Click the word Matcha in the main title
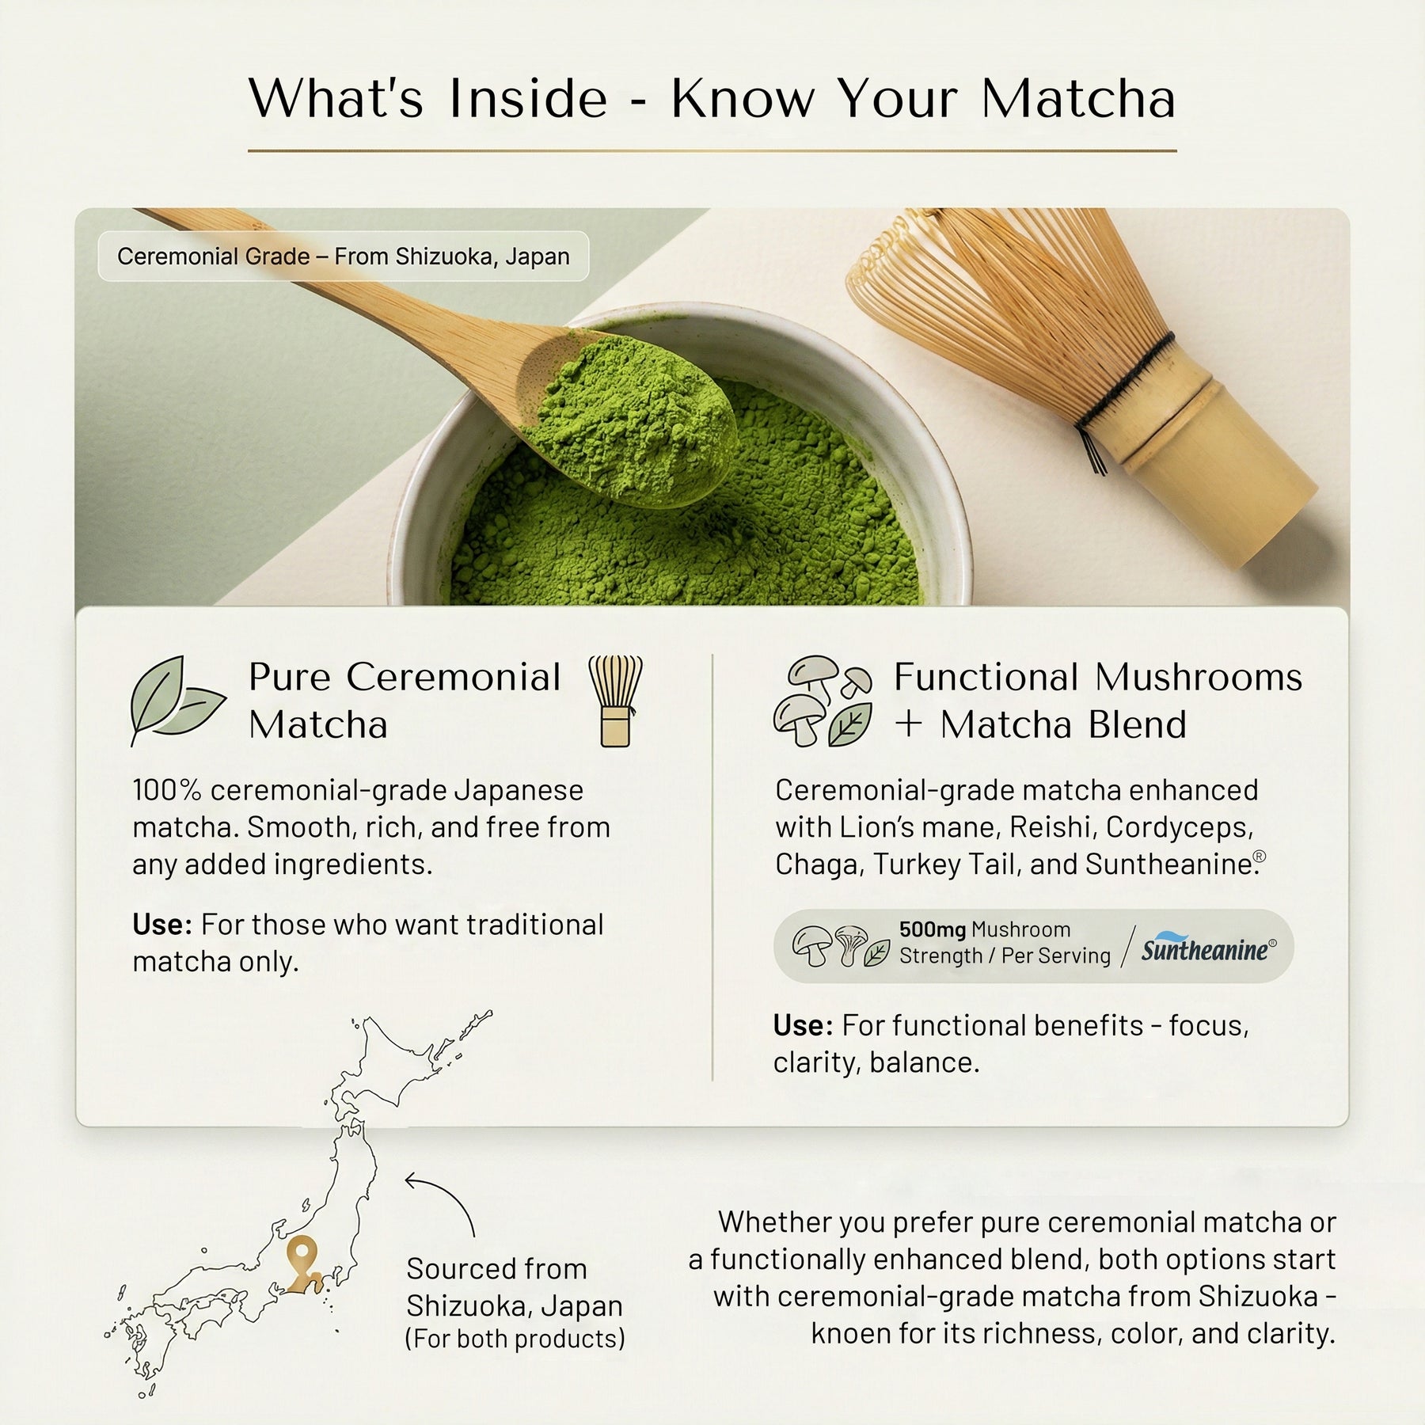1078,100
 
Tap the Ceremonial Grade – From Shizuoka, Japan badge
344,256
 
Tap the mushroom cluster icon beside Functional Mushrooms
823,701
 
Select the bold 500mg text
932,929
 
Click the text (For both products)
515,1339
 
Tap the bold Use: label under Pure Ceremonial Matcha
162,925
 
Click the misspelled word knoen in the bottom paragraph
853,1334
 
